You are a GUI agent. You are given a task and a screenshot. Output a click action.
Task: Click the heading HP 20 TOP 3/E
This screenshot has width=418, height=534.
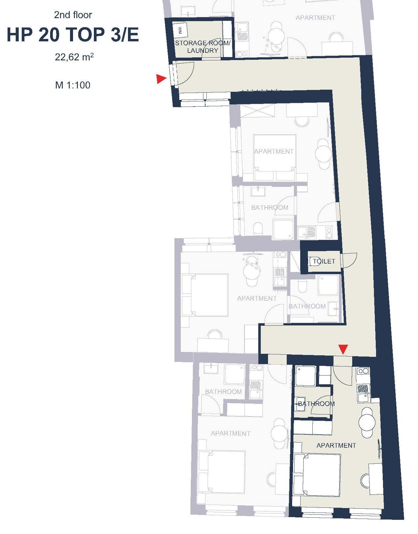[x=73, y=35]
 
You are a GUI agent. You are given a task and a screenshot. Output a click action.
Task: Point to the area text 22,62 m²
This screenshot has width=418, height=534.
[x=74, y=57]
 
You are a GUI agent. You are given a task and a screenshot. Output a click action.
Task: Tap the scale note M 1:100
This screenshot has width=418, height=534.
[x=73, y=85]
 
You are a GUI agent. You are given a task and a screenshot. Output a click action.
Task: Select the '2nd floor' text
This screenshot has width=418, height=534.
[x=73, y=15]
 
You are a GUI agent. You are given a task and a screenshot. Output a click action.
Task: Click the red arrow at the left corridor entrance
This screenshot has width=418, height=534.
[x=161, y=79]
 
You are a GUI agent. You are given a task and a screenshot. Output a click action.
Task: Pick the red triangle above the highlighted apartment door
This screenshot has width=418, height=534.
[x=343, y=349]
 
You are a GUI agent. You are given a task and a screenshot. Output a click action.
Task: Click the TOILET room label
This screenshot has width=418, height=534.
[x=324, y=261]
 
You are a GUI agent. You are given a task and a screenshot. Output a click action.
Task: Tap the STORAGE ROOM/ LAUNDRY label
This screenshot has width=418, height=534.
[x=203, y=47]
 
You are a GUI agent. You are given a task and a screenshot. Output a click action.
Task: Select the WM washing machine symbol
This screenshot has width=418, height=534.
[x=180, y=30]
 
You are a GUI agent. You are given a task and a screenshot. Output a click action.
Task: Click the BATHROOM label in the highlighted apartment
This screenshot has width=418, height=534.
[x=316, y=404]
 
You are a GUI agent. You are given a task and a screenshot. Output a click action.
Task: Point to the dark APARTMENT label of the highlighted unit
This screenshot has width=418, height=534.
[x=336, y=445]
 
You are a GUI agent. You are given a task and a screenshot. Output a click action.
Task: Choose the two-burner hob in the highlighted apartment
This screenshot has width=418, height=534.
[x=363, y=371]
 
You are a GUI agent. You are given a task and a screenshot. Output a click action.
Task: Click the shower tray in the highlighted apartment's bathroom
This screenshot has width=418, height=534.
[x=306, y=376]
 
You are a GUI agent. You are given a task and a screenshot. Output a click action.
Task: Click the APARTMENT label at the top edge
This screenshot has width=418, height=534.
[x=315, y=18]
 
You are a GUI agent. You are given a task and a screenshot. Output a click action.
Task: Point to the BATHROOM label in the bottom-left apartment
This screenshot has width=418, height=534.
[x=223, y=392]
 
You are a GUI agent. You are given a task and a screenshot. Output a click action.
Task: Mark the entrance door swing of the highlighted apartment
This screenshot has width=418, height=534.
[x=342, y=376]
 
